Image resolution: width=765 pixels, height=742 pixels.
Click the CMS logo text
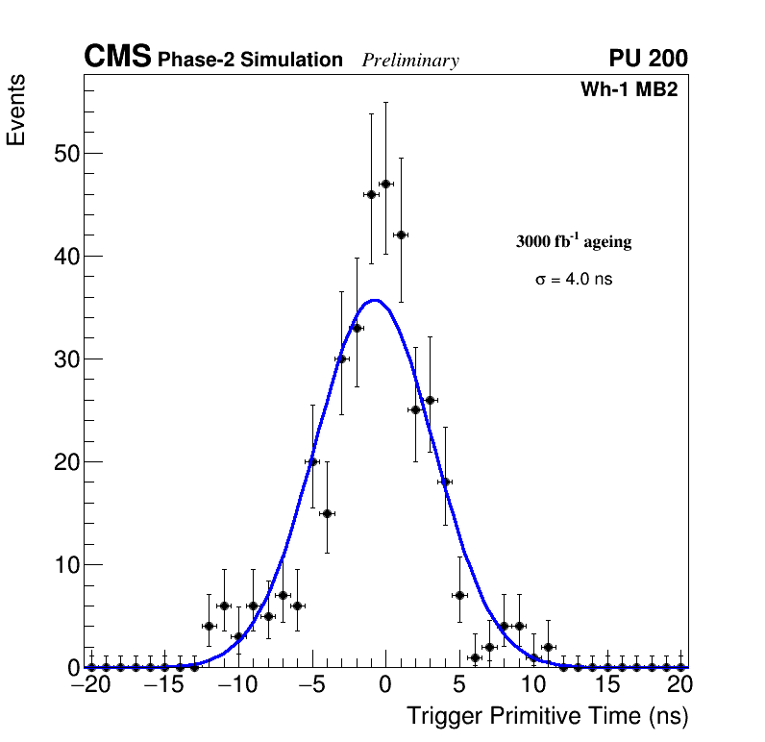pyautogui.click(x=117, y=58)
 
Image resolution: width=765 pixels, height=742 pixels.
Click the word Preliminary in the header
pyautogui.click(x=410, y=61)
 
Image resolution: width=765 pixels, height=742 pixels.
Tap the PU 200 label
pyautogui.click(x=648, y=59)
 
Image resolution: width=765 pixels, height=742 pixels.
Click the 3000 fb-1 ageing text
pyautogui.click(x=574, y=241)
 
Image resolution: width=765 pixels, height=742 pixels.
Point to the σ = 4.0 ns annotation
pyautogui.click(x=574, y=280)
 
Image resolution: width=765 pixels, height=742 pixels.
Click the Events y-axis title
pyautogui.click(x=16, y=110)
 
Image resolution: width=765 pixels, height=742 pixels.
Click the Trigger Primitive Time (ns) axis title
pyautogui.click(x=547, y=716)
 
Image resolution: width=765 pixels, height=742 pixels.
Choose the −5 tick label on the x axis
pyautogui.click(x=311, y=686)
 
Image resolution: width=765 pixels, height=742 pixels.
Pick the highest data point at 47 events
pyautogui.click(x=385, y=184)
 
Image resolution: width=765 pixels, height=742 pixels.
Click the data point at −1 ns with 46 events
pyautogui.click(x=371, y=194)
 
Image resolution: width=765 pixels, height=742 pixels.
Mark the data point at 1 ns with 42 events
pyautogui.click(x=401, y=235)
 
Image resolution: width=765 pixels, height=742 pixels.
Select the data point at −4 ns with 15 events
pyautogui.click(x=327, y=513)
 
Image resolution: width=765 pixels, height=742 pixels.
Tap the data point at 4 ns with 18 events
pyautogui.click(x=445, y=482)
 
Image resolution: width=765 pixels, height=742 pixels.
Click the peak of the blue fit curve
pyautogui.click(x=376, y=300)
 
